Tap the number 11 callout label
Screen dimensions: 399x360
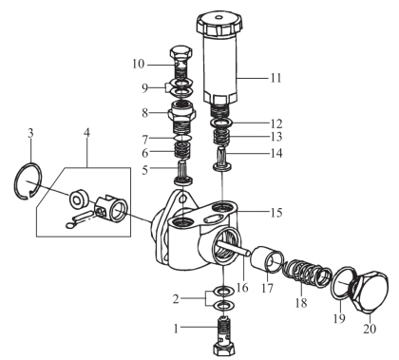275,78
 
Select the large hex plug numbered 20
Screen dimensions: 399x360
370,291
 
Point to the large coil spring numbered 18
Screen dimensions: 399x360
308,273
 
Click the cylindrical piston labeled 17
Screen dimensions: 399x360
267,258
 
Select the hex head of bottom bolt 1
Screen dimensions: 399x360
224,350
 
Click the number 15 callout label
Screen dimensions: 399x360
276,213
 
